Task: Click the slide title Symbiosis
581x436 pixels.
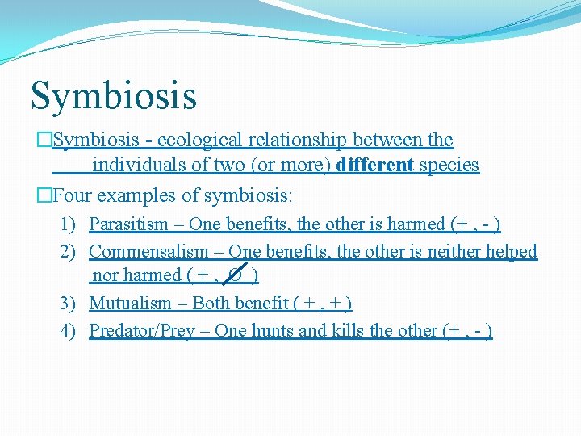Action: tap(113, 94)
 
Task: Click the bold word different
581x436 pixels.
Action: tap(374, 166)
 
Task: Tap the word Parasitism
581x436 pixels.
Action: tap(128, 224)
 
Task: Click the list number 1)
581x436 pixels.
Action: tap(69, 224)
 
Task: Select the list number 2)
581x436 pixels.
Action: tap(69, 252)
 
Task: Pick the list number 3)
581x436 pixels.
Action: tap(69, 304)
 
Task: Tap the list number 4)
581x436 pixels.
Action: tap(69, 330)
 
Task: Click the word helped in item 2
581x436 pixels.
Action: tap(512, 252)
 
